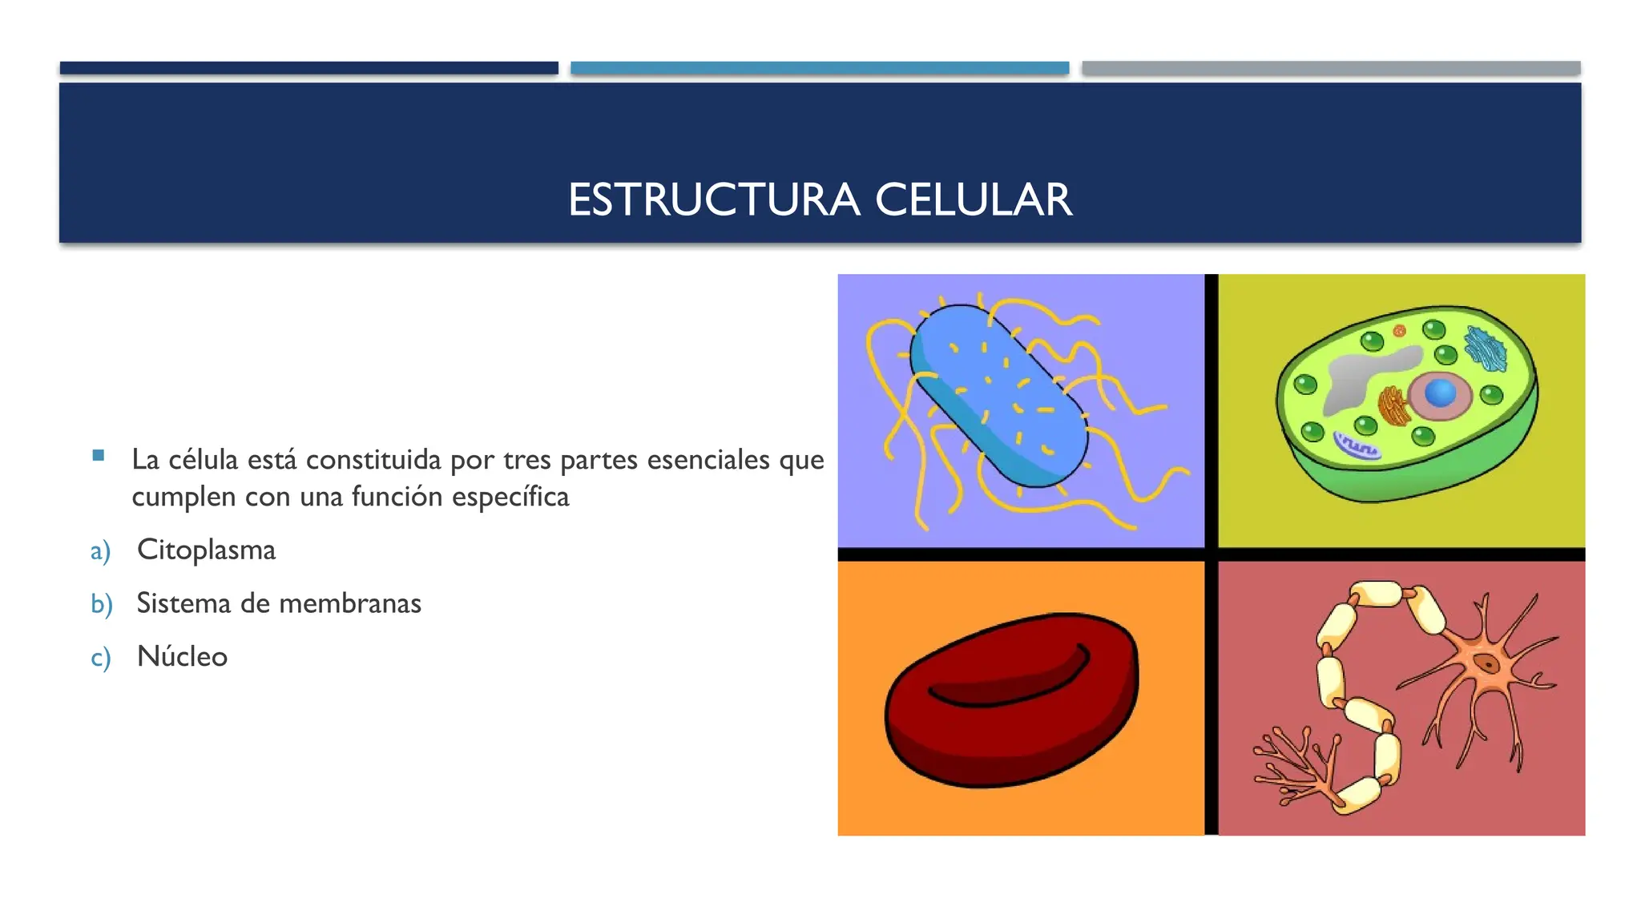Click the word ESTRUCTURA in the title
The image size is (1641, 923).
(x=713, y=200)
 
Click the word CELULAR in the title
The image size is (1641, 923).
(x=973, y=200)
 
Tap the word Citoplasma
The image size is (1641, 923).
(x=206, y=550)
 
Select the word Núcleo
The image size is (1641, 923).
(x=182, y=656)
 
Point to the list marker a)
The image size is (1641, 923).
(x=100, y=551)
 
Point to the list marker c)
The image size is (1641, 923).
(x=100, y=658)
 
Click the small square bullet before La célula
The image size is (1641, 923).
(x=99, y=456)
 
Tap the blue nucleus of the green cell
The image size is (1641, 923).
(x=1440, y=393)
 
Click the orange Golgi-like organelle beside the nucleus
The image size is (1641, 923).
(x=1394, y=405)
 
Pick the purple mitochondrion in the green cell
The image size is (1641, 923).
(x=1356, y=444)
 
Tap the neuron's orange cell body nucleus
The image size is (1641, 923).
(x=1487, y=663)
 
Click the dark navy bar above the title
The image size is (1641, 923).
(x=308, y=68)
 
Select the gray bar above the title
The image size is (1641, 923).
(x=1330, y=68)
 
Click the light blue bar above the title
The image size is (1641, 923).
(x=819, y=68)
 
